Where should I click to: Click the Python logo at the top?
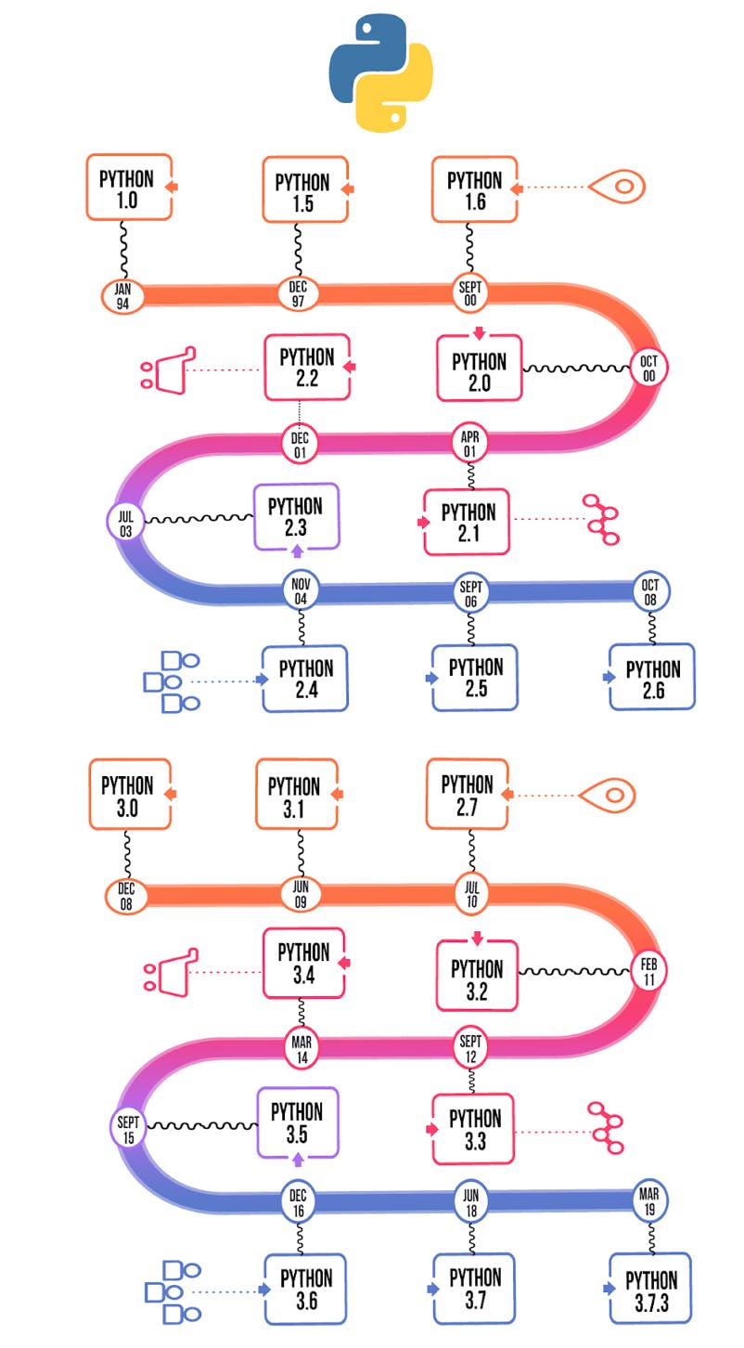(x=380, y=73)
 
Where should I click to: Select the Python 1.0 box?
(x=129, y=188)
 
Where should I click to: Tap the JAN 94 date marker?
(x=122, y=295)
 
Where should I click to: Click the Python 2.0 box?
(x=479, y=369)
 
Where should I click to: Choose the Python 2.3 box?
(x=296, y=516)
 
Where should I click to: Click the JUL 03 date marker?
(x=125, y=520)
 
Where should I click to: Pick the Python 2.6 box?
(x=652, y=678)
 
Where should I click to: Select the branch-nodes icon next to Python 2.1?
(x=600, y=519)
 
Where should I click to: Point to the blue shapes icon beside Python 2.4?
(x=172, y=681)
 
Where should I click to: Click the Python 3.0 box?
(x=130, y=794)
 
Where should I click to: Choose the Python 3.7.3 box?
(x=652, y=1289)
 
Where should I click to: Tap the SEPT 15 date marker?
(x=128, y=1127)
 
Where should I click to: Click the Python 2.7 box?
(x=467, y=794)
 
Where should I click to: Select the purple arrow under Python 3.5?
(x=298, y=1160)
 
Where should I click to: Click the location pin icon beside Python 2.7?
(x=608, y=795)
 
